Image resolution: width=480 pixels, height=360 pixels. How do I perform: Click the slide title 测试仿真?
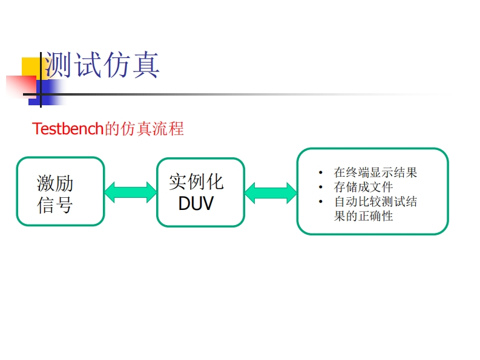click(102, 65)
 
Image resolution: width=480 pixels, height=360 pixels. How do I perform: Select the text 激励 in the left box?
click(54, 183)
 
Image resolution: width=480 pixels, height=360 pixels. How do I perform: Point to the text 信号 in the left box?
click(54, 205)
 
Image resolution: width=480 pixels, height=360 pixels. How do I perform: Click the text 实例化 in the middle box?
click(196, 181)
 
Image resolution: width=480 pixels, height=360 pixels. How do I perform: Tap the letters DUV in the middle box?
click(196, 203)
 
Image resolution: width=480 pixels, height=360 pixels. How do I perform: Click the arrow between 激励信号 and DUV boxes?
click(130, 192)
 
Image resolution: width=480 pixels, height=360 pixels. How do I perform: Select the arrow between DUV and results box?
click(271, 193)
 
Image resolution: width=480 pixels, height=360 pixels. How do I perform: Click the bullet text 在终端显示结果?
click(375, 172)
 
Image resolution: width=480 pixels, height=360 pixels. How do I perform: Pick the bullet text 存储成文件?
click(363, 187)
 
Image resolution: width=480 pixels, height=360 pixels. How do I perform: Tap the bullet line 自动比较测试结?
click(375, 201)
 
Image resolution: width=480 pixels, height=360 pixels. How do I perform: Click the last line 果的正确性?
click(363, 216)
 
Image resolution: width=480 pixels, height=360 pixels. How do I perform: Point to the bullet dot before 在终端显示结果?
click(321, 173)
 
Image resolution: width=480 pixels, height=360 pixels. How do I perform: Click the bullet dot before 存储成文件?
click(321, 188)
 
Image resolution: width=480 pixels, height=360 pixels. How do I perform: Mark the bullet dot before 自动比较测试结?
click(321, 202)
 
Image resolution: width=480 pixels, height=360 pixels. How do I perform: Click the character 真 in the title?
click(145, 65)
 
